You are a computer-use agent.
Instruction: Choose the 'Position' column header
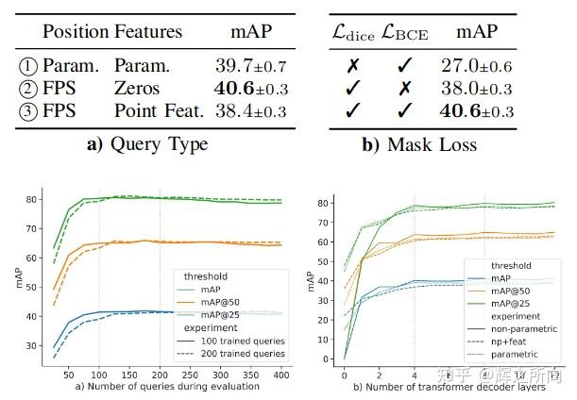tap(76, 31)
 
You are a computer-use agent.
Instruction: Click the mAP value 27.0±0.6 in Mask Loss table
tap(476, 67)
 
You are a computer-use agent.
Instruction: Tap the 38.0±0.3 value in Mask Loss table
tap(476, 90)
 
